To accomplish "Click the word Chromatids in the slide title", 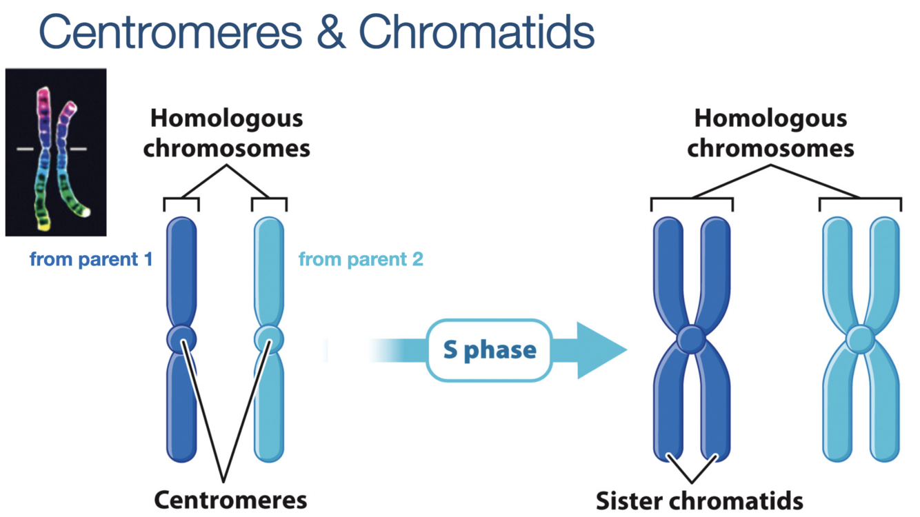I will (477, 32).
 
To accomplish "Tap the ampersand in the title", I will (332, 32).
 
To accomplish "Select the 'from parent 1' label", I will (90, 260).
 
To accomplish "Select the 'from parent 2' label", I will (361, 260).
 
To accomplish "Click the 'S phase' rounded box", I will (490, 350).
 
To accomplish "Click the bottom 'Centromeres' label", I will (230, 499).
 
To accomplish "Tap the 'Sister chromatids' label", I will (699, 499).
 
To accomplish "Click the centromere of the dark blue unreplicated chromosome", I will (181, 338).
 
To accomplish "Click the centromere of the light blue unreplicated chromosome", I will (268, 338).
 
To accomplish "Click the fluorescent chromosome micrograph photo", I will (56, 152).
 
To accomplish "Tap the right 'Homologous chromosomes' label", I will (770, 133).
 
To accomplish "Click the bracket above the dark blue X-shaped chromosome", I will (692, 200).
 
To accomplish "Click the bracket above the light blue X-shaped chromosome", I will (860, 200).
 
